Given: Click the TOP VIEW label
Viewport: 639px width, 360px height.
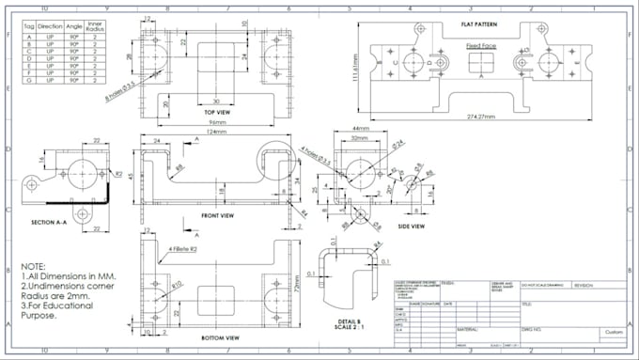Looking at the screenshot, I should point(218,112).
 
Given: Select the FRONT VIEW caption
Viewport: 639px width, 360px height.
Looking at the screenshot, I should point(217,214).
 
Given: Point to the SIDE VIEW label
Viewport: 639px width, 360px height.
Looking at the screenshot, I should point(411,226).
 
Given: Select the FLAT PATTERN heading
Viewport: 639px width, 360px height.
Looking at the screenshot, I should point(478,23).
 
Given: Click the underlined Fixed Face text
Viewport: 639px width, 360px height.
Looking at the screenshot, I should point(480,45).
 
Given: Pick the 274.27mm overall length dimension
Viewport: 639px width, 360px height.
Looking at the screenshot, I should point(480,117).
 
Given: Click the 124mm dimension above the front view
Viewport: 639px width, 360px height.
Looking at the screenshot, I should point(218,132).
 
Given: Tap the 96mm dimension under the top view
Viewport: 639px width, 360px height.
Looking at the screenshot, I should point(218,123).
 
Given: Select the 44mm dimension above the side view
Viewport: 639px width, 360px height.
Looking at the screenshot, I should point(359,128).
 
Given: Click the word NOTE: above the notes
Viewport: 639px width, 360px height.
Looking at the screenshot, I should point(35,266).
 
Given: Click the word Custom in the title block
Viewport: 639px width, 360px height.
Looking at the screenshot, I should point(614,331).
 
